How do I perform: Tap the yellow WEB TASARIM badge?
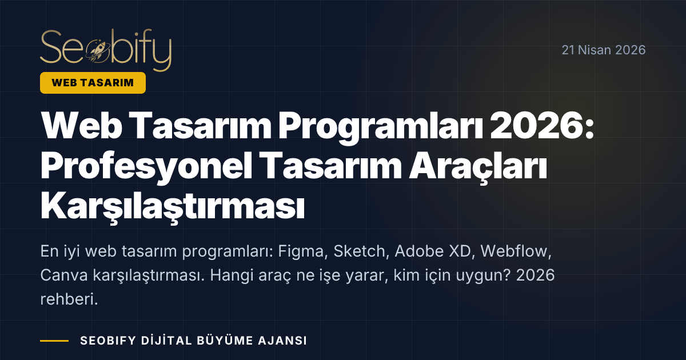click(93, 83)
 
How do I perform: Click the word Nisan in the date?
click(596, 50)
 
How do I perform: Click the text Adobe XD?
click(434, 252)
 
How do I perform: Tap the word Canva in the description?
click(62, 276)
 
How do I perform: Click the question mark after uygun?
click(509, 276)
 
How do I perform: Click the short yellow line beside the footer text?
click(54, 341)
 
